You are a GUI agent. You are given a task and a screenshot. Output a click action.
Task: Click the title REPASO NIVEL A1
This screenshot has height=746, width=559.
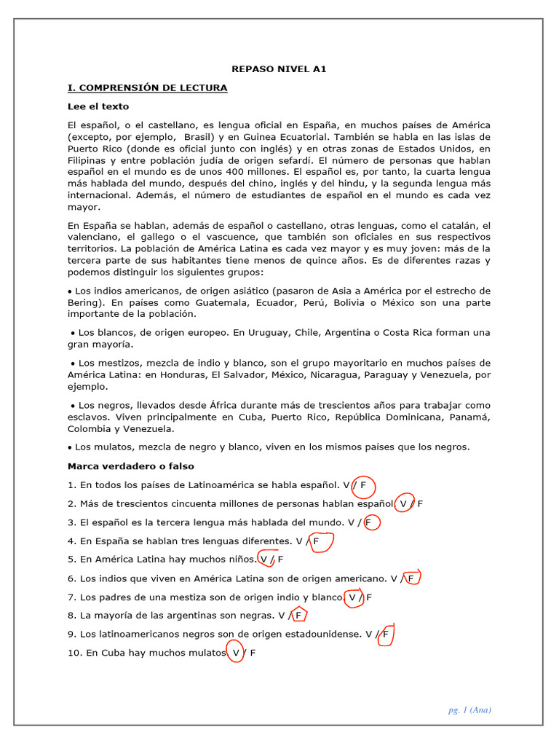pos(279,69)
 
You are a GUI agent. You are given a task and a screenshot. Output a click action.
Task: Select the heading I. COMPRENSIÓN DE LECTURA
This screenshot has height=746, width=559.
pos(147,88)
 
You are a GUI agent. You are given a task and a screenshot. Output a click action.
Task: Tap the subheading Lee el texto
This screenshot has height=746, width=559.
pos(98,106)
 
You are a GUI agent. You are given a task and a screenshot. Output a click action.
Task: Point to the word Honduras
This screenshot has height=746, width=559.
pos(182,375)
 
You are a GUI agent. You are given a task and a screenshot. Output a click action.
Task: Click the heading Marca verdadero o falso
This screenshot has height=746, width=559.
pos(131,466)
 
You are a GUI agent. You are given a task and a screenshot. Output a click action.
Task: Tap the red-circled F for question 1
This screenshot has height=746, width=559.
pos(363,484)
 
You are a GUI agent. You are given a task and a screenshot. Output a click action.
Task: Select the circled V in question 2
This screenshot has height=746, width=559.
pos(403,503)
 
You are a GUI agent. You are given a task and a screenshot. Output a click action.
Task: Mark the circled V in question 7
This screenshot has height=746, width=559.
pos(353,598)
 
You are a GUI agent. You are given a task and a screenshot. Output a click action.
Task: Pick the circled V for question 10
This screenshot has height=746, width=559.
pos(235,653)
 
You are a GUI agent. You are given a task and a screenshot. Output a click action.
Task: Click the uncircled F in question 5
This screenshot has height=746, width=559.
pos(281,560)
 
